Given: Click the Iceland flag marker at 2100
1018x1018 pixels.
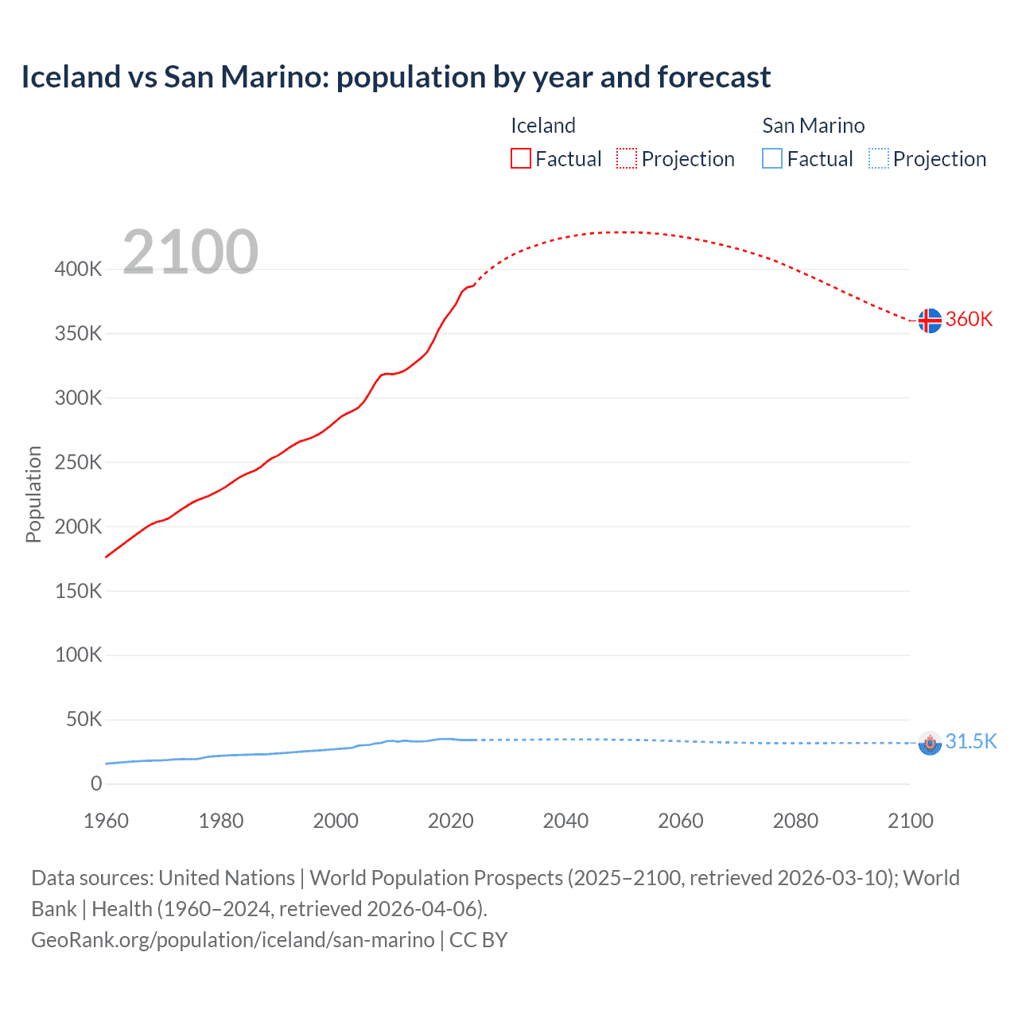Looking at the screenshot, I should pos(929,321).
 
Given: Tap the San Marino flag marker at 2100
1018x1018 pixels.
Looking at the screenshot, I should pos(929,743).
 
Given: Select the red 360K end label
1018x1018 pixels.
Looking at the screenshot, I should pos(969,320).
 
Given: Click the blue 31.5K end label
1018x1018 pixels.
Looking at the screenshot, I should pos(970,742).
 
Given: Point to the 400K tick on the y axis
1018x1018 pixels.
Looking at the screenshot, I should pos(78,270).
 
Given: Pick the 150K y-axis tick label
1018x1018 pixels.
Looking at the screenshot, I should pos(78,591).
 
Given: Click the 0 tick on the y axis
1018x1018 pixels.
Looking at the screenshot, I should pos(96,784).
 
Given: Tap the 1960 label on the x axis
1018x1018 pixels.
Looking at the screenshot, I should pos(106,821).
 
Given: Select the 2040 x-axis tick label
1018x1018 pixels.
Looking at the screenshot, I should pos(565,821).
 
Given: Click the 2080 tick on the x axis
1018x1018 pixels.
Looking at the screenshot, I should pos(795,821).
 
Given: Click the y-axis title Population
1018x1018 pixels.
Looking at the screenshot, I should pos(33,494).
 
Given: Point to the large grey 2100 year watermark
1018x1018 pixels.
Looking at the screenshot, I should pos(190,252).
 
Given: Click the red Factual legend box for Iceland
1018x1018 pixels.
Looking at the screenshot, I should pos(520,159).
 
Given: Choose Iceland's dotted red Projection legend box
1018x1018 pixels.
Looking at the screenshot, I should pos(627,159).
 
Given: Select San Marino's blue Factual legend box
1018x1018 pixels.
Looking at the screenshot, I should pos(771,159).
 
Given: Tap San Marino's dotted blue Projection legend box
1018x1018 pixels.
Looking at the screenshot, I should pos(878,159).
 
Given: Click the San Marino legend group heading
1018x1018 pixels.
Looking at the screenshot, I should pos(813,126).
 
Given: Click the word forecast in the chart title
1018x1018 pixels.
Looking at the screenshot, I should pos(713,77).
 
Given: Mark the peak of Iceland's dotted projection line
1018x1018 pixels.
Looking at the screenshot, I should pos(628,232).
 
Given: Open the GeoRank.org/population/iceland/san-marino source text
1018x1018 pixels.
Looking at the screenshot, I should pos(232,940).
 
